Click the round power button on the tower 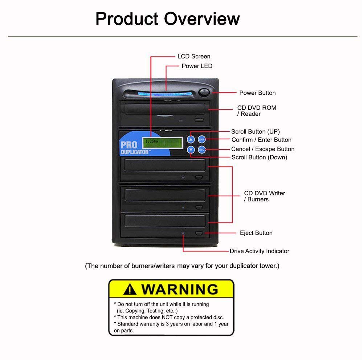[x=204, y=92]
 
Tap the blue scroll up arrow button [x=191, y=139]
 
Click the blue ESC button [x=202, y=149]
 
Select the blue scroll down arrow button [x=191, y=150]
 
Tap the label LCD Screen [x=193, y=57]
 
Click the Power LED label [x=197, y=66]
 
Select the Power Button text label [x=257, y=93]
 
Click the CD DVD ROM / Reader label [x=257, y=111]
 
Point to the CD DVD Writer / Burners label [x=264, y=196]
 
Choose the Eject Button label [x=256, y=233]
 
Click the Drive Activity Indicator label [x=259, y=251]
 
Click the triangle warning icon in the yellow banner [x=130, y=289]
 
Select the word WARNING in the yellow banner [x=179, y=289]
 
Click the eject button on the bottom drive [x=199, y=233]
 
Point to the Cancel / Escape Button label [x=262, y=149]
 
